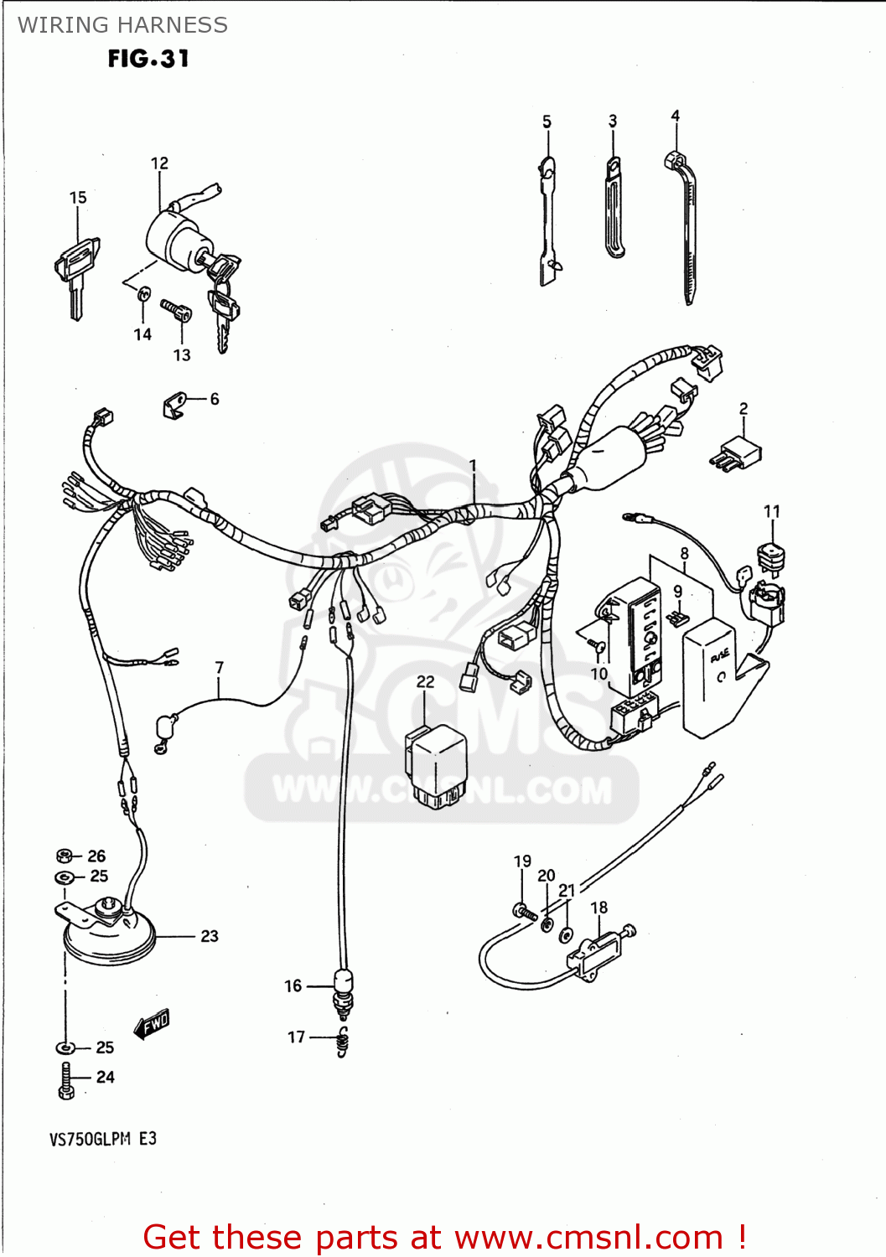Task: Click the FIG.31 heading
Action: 148,59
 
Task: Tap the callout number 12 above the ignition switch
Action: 159,163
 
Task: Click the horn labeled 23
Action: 109,934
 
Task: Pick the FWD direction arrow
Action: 153,1023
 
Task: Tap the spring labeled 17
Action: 342,1041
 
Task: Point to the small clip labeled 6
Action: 174,406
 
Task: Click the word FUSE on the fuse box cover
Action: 720,656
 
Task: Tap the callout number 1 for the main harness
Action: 473,465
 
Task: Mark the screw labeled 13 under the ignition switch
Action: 177,311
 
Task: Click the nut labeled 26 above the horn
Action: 65,856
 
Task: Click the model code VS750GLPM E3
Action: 103,1139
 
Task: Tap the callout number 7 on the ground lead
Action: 219,668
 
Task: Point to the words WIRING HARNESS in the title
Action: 122,25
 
